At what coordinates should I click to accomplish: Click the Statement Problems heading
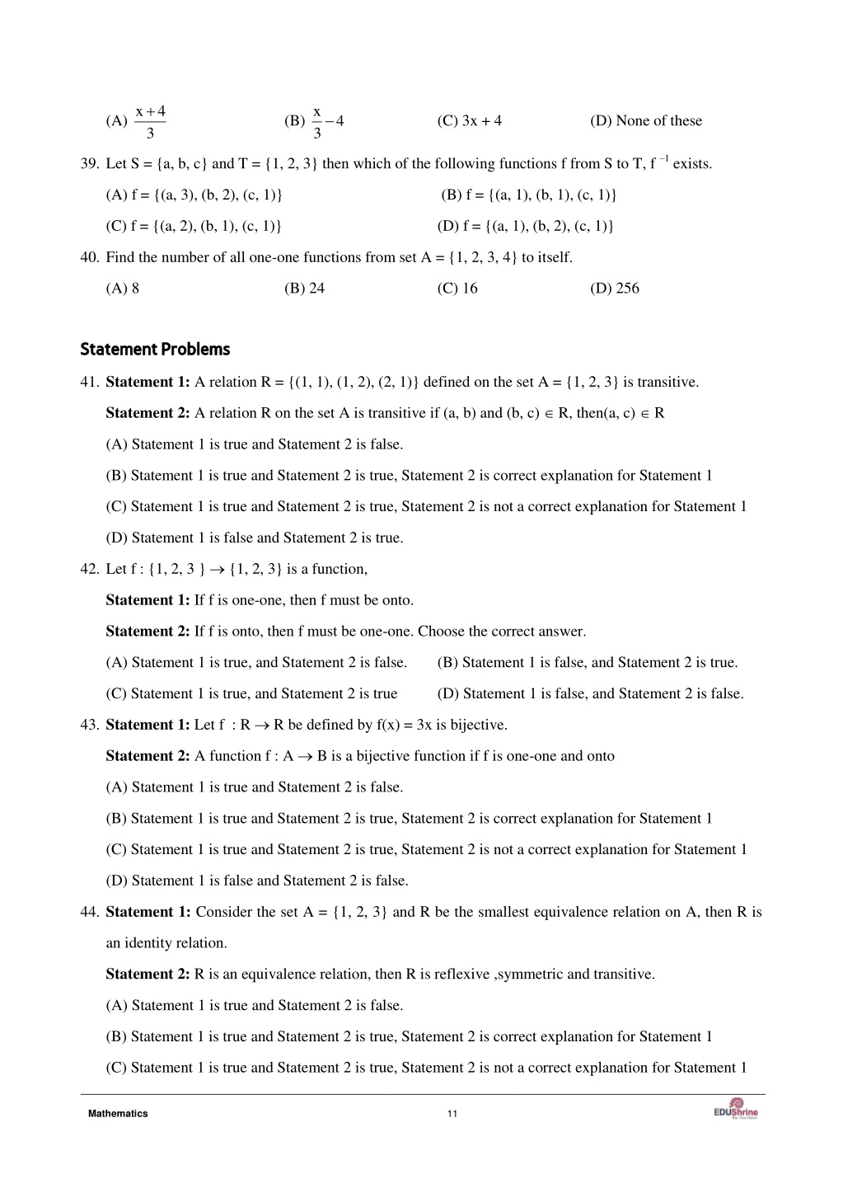(x=155, y=350)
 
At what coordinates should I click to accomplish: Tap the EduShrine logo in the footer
(x=736, y=1109)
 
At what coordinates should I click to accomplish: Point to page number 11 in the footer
(x=452, y=1114)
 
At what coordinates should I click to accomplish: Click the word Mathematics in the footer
(x=118, y=1114)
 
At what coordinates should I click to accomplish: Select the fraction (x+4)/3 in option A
(x=150, y=121)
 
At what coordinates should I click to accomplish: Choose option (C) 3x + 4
(x=469, y=121)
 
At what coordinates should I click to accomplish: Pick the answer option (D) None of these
(x=645, y=121)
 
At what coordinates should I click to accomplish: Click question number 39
(x=89, y=164)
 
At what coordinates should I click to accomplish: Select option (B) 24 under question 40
(x=304, y=289)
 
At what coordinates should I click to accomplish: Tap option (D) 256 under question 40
(x=614, y=289)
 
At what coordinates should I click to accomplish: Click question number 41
(x=89, y=383)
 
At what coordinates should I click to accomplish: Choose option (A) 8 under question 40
(x=123, y=289)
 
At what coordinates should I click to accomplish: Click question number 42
(x=89, y=570)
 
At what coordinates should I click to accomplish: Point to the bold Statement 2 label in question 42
(x=148, y=632)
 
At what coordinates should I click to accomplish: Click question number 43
(x=89, y=726)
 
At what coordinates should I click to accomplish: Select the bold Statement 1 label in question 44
(x=148, y=912)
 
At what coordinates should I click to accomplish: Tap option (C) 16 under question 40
(x=457, y=289)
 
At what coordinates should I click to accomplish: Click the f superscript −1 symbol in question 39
(x=658, y=162)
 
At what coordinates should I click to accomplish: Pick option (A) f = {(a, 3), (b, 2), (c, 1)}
(x=194, y=195)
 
